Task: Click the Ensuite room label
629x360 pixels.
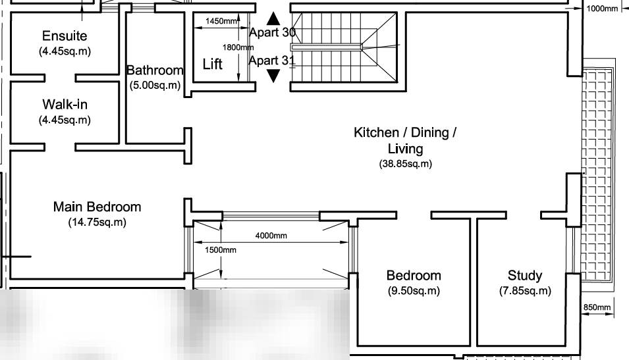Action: coord(65,36)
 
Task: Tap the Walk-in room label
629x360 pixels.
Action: coord(65,104)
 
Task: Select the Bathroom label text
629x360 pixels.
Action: coord(155,70)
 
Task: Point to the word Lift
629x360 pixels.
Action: coord(212,64)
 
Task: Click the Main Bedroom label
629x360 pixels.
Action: coord(97,207)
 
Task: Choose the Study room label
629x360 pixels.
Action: coord(525,276)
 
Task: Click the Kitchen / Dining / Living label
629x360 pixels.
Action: coord(405,140)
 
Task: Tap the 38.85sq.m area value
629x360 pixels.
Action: coord(405,164)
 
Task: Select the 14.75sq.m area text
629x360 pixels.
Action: coord(97,222)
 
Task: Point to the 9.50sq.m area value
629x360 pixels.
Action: coord(414,291)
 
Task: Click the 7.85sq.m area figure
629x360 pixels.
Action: coord(525,291)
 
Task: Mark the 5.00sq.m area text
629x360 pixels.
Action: coord(155,85)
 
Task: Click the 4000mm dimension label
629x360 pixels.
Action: coord(271,236)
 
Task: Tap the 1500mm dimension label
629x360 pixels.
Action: coord(220,250)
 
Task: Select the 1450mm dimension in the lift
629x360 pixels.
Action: coord(221,21)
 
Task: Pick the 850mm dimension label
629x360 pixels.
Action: coord(597,307)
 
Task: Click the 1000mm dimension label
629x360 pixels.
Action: coord(603,9)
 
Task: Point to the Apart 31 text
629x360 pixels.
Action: coord(272,61)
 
